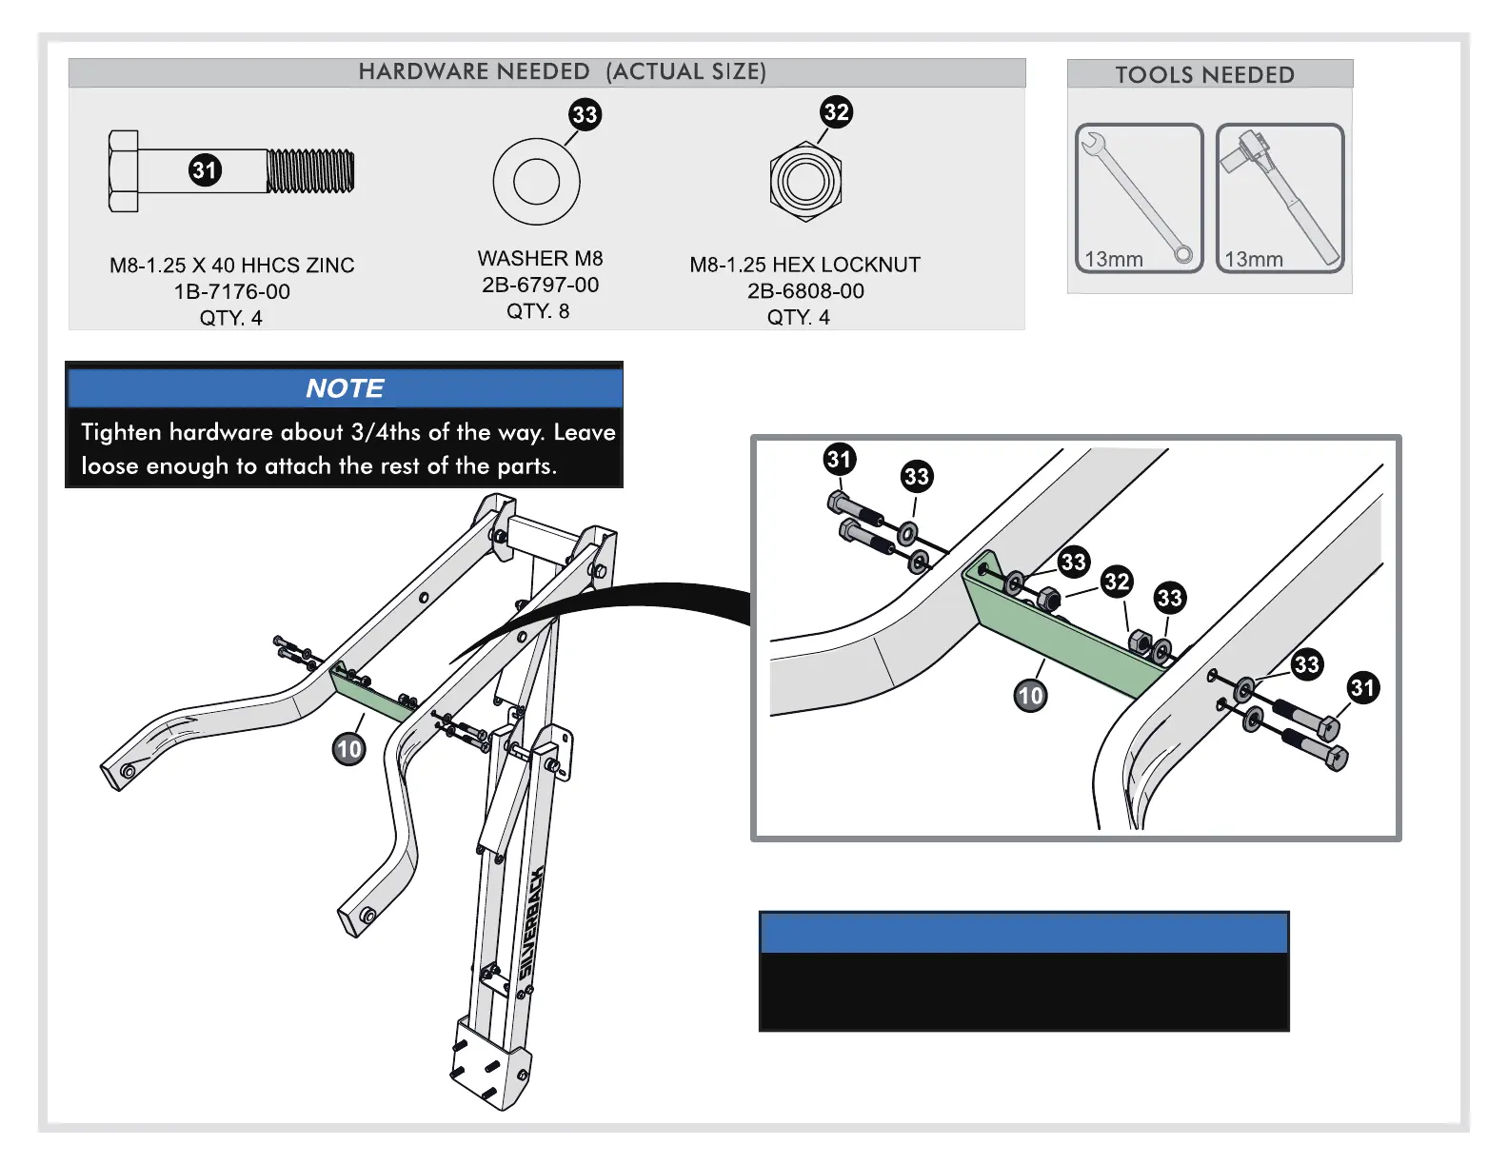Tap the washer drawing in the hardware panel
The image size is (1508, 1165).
(536, 182)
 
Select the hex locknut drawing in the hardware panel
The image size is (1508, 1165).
(805, 182)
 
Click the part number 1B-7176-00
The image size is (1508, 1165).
(231, 292)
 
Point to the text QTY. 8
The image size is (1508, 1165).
(538, 311)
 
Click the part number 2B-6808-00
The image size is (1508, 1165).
(805, 291)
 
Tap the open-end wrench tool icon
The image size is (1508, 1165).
(1139, 198)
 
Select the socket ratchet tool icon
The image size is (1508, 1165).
(1280, 198)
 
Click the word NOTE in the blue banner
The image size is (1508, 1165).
(345, 388)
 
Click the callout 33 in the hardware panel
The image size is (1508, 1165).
(585, 115)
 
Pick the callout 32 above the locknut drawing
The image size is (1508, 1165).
(836, 112)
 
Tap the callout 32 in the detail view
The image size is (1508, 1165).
(1117, 582)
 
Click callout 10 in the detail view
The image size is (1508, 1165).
(1030, 696)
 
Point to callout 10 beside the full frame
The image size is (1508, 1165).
(349, 749)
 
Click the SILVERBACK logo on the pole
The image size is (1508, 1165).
(532, 923)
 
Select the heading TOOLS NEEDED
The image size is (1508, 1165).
(1204, 75)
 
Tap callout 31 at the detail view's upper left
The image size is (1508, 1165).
(839, 460)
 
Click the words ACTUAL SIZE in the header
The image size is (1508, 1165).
(685, 72)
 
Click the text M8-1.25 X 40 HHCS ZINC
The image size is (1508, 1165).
(231, 266)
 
